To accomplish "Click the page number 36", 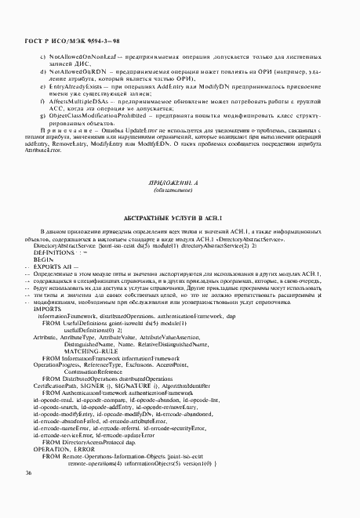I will (28, 494).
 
